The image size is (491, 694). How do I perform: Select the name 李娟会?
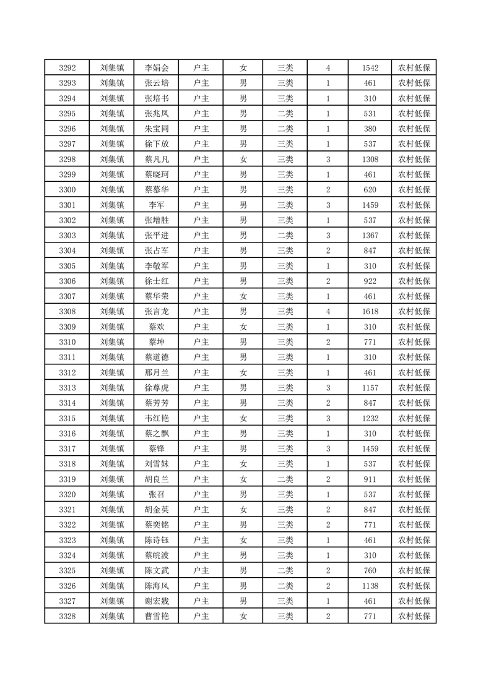tap(156, 68)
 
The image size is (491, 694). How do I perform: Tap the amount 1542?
tap(370, 68)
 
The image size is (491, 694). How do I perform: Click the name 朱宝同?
tap(156, 129)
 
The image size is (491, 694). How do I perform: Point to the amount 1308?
tap(370, 160)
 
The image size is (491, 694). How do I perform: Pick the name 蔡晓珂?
tap(156, 174)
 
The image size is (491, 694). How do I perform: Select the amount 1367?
tap(370, 235)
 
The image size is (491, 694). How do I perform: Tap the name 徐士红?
tap(156, 281)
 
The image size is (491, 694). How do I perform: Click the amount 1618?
tap(370, 312)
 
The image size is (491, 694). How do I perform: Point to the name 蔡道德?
tap(156, 357)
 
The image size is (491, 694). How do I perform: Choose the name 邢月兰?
tap(156, 372)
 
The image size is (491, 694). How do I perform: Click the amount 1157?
tap(370, 388)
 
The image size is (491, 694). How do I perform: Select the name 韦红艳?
tap(156, 418)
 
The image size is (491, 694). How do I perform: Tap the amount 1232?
tap(370, 418)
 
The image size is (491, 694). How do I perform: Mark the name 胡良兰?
tap(156, 479)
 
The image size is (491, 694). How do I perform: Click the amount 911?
tap(370, 479)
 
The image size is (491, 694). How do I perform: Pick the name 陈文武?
tap(156, 570)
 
